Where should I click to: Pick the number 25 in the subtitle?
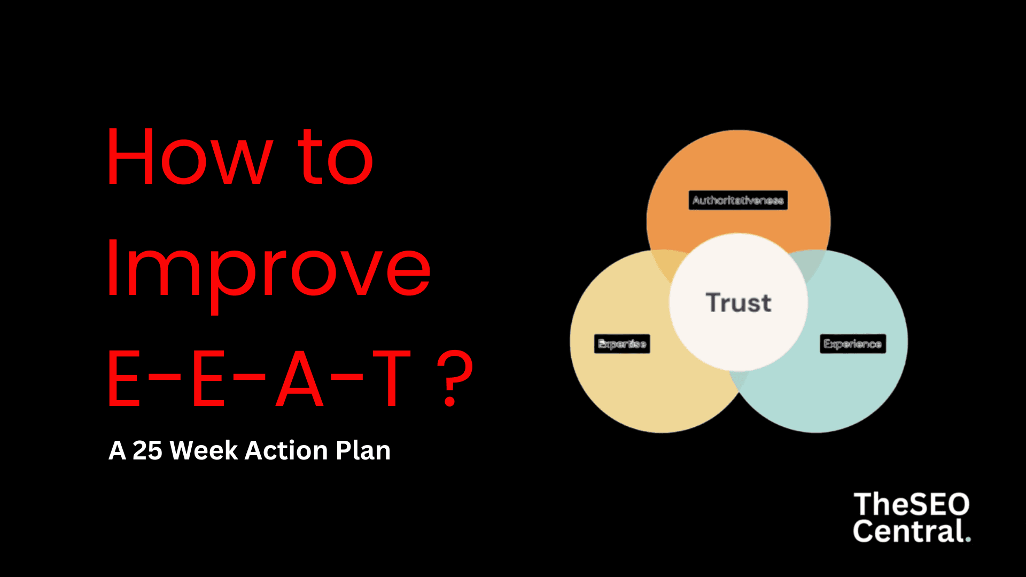pyautogui.click(x=147, y=450)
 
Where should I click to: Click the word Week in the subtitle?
pyautogui.click(x=204, y=450)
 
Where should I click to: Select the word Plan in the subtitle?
pyautogui.click(x=363, y=450)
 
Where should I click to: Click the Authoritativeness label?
pyautogui.click(x=738, y=200)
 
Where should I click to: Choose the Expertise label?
pyautogui.click(x=622, y=344)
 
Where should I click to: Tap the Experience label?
pyautogui.click(x=853, y=344)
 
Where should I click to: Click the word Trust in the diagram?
pyautogui.click(x=739, y=302)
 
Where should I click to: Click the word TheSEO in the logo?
pyautogui.click(x=911, y=505)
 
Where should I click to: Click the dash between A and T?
pyautogui.click(x=347, y=376)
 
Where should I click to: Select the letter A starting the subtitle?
pyautogui.click(x=117, y=450)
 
